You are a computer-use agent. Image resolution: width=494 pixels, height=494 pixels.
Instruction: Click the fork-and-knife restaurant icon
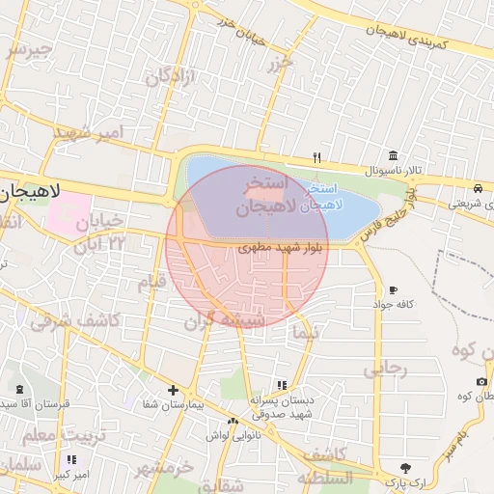tap(316, 157)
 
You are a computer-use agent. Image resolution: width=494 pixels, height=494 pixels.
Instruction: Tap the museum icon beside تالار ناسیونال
tap(393, 155)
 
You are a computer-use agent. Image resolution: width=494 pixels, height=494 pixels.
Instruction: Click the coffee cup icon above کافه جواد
tap(393, 289)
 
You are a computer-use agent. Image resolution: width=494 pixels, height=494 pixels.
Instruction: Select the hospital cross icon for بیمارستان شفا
tap(173, 391)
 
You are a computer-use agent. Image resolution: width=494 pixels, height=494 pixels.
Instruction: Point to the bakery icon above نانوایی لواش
tap(233, 421)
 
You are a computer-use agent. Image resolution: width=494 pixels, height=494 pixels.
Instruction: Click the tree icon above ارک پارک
tap(404, 468)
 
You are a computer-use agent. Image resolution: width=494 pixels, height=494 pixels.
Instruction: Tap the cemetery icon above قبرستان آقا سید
tap(20, 390)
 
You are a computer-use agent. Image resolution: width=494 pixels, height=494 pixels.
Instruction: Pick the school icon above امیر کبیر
tap(71, 460)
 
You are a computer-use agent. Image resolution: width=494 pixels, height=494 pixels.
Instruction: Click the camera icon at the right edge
tap(480, 382)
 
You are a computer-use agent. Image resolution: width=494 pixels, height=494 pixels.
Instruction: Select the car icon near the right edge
tap(479, 187)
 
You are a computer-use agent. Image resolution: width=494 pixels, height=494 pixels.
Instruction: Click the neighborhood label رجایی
tap(386, 370)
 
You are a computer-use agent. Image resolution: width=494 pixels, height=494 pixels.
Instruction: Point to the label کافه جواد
tap(396, 304)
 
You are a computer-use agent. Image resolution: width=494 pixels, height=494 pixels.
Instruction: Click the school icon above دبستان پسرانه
tap(281, 385)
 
